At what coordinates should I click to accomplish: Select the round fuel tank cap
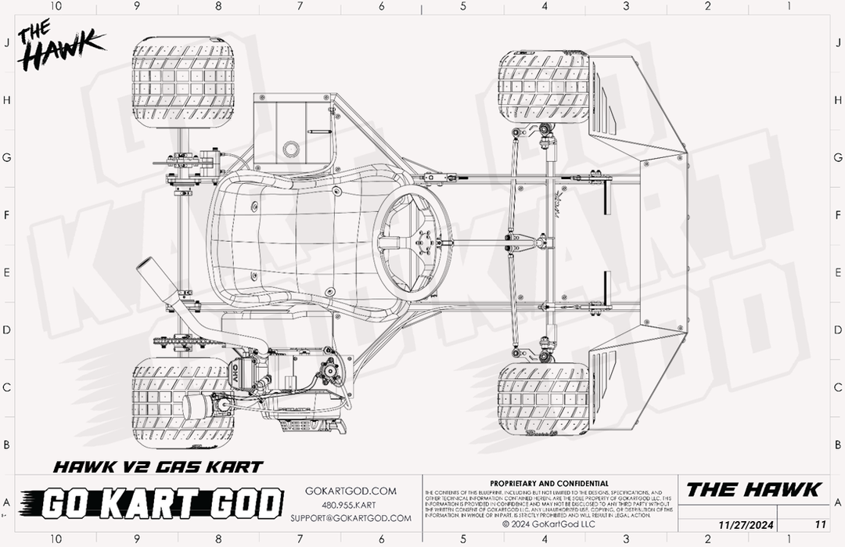coord(293,148)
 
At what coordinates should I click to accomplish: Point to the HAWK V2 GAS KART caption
coord(157,467)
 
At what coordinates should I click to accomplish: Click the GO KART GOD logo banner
coord(152,503)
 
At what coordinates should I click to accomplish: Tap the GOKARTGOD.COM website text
coord(351,491)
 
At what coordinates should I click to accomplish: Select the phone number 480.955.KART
coord(351,505)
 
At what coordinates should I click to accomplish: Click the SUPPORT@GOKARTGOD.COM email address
coord(351,518)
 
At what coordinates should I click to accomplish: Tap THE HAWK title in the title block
coord(753,490)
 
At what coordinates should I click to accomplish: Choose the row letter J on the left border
coord(6,43)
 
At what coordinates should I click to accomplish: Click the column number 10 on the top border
coord(56,6)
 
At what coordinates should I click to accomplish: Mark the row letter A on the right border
coord(838,502)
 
